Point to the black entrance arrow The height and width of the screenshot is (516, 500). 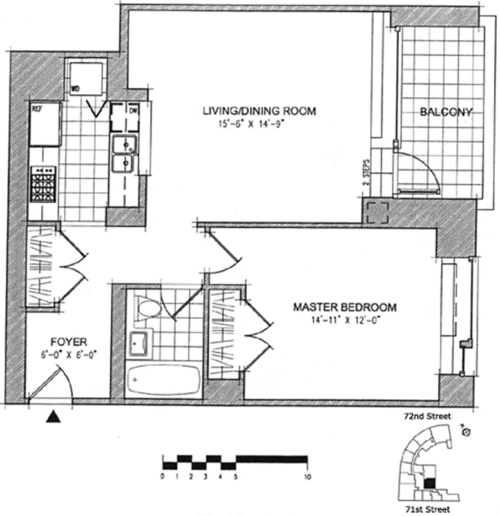pos(54,417)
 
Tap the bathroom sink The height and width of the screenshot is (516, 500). pos(140,342)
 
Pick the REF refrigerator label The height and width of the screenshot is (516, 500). pos(37,109)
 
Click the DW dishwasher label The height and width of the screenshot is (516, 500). pos(133,110)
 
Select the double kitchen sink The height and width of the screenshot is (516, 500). pos(122,155)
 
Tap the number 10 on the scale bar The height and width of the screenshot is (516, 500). pos(307,477)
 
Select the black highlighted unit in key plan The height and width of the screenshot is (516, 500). pos(430,482)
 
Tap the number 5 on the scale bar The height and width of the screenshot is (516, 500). pos(236,477)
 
